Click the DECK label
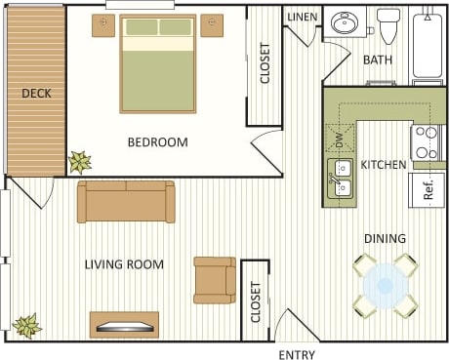tap(36, 94)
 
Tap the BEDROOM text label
tap(157, 142)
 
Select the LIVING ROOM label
tap(124, 264)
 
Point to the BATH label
tap(378, 60)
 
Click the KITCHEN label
tap(384, 165)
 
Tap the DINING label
tap(385, 238)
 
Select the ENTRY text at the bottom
tap(297, 354)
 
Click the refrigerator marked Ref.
tap(429, 188)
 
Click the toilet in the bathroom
tap(388, 26)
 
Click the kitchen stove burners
tap(426, 142)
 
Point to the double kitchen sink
tap(341, 180)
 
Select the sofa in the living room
tap(126, 201)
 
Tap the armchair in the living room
tap(214, 279)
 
